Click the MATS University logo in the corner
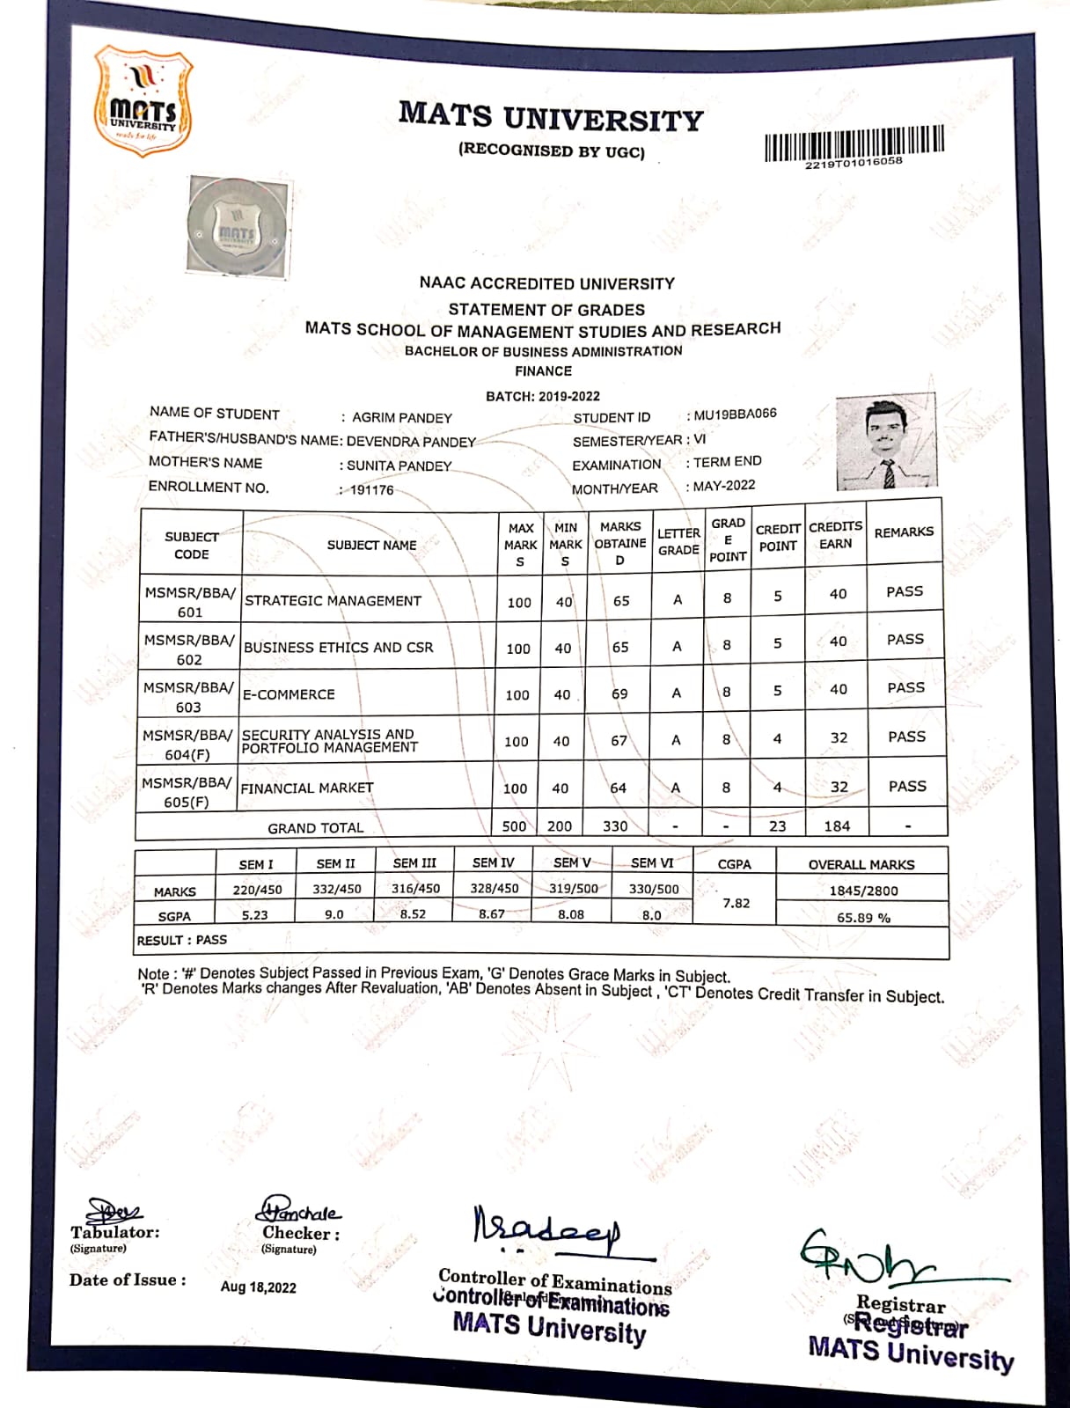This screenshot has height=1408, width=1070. pos(143,103)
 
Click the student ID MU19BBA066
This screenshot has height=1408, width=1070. pos(735,414)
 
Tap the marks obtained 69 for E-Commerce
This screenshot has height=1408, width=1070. pos(619,694)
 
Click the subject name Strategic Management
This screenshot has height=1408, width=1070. pos(333,601)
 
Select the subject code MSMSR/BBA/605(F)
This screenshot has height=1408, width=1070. pos(187,792)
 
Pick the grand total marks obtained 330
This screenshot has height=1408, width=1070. pos(615,826)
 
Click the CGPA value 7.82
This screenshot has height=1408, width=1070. pos(736,903)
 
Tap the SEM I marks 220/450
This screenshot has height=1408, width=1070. pos(257,890)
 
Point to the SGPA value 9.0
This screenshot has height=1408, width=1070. pos(334,914)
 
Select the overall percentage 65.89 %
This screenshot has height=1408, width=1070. pos(862,918)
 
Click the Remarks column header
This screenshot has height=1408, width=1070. pos(904,532)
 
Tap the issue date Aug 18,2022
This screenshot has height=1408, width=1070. pos(258,1287)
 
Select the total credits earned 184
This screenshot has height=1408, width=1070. pos(837,826)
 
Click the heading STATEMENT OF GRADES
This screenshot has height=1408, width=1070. pos(546,310)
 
